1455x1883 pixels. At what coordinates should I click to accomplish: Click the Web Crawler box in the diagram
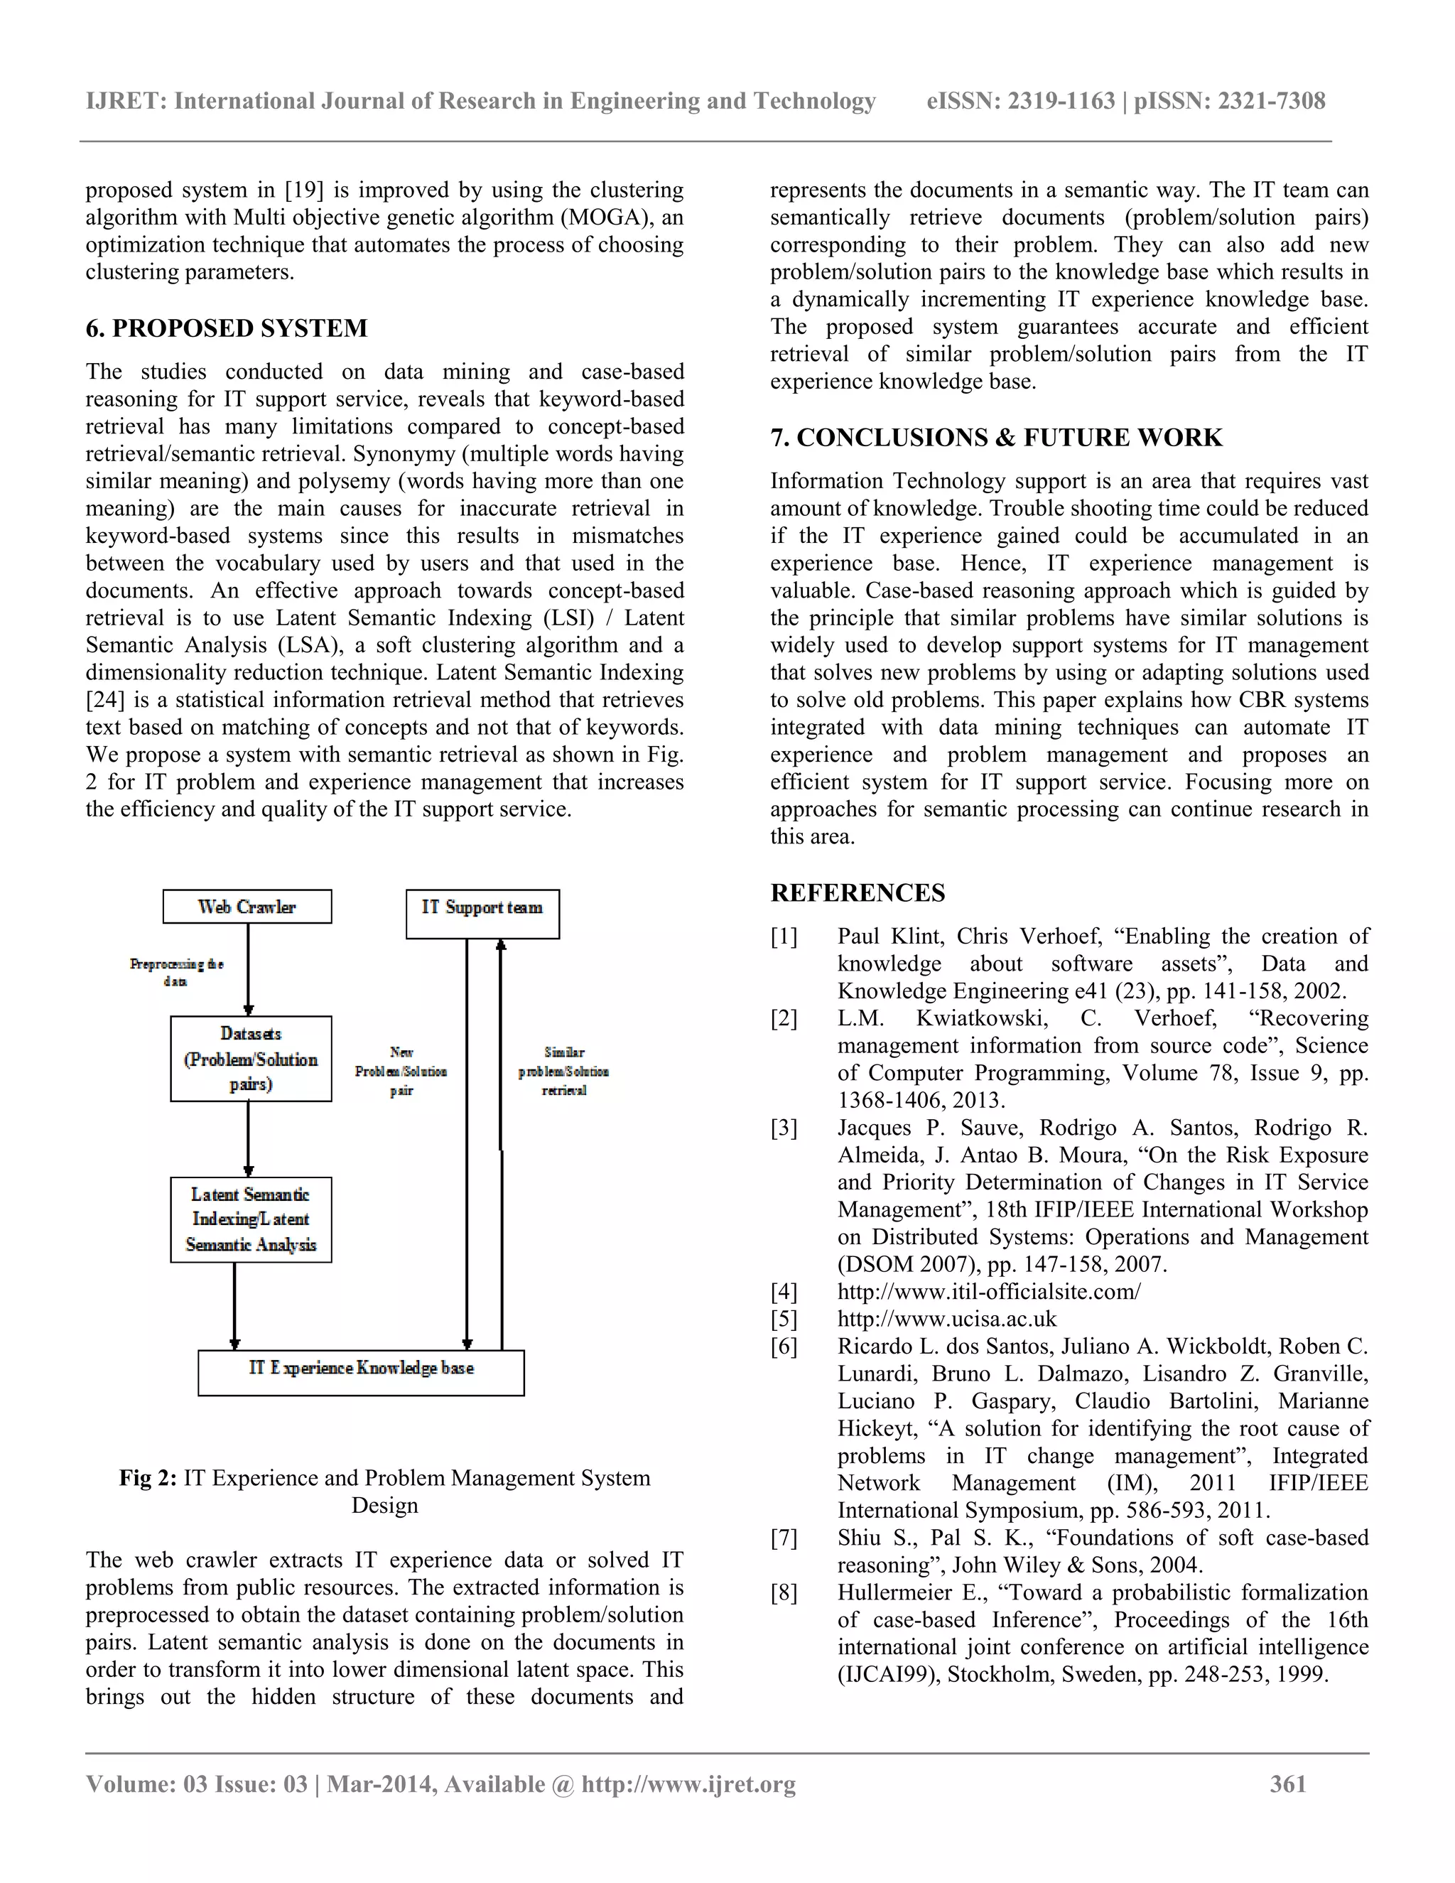pos(247,907)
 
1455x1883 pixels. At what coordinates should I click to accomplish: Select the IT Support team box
pos(482,913)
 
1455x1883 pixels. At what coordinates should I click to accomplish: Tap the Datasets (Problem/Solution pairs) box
pos(251,1059)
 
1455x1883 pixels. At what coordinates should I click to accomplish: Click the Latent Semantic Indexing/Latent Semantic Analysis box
pos(251,1219)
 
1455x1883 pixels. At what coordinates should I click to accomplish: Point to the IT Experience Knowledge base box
pos(361,1371)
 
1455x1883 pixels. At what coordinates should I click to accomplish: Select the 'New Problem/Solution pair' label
pos(401,1072)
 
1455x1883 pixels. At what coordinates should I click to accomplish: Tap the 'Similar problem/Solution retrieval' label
pos(563,1072)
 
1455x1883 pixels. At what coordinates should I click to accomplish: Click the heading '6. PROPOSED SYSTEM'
pos(226,328)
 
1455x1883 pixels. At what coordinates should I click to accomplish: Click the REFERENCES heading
pos(857,893)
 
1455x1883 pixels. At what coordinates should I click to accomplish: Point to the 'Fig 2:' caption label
pos(147,1479)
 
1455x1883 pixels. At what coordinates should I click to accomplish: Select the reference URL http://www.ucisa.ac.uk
pos(946,1319)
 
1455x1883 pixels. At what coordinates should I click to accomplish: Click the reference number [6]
pos(784,1347)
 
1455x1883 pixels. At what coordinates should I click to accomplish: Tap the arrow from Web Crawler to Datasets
pos(248,969)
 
